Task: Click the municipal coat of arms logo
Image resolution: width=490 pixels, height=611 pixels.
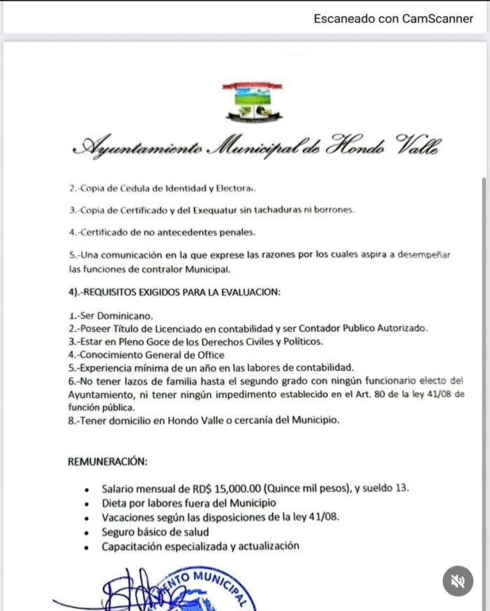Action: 251,102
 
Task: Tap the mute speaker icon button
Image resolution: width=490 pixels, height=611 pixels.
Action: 458,581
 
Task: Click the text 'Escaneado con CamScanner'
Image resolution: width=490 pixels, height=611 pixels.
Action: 393,19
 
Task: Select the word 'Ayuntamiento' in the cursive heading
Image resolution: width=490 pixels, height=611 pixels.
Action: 138,147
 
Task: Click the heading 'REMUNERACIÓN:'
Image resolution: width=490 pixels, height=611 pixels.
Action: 107,461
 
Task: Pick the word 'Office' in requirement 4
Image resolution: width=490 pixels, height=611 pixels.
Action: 209,355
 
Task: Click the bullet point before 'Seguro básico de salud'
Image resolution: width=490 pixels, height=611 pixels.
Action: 85,532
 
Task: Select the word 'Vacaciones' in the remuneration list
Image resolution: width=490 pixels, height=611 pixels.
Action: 127,517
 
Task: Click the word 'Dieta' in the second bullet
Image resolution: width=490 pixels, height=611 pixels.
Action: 114,503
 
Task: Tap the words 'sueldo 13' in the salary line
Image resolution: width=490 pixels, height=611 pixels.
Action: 385,488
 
